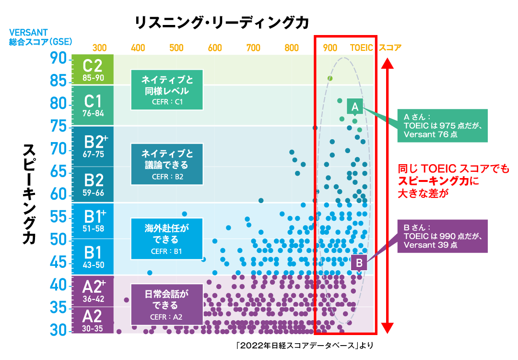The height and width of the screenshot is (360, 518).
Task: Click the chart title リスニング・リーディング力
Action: click(222, 23)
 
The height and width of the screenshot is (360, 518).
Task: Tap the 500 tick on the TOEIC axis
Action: click(177, 48)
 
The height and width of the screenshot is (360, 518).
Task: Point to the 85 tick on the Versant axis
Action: click(59, 80)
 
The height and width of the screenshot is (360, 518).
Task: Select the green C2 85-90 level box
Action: click(93, 70)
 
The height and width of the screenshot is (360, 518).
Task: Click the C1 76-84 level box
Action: click(93, 105)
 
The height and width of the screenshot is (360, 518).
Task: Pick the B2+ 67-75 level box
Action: click(93, 146)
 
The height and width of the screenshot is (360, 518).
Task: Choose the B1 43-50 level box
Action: click(93, 257)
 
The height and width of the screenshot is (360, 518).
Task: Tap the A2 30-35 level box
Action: click(93, 320)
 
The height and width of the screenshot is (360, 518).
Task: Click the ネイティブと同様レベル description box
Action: click(167, 90)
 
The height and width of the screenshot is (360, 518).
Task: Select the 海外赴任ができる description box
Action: click(167, 239)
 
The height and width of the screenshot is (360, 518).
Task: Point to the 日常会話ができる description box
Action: click(167, 304)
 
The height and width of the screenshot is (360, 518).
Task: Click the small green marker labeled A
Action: click(355, 107)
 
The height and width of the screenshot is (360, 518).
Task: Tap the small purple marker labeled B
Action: click(359, 263)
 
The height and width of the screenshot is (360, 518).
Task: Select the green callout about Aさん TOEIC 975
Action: click(442, 126)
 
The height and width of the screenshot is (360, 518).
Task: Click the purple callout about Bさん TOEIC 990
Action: click(442, 236)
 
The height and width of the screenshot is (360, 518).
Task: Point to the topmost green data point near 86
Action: click(330, 78)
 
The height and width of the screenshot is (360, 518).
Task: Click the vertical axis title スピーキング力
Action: click(29, 194)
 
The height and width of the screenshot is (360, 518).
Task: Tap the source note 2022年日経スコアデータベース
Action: click(304, 346)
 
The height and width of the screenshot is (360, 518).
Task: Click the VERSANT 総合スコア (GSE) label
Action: click(40, 37)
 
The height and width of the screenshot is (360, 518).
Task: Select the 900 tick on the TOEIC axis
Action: click(330, 48)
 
